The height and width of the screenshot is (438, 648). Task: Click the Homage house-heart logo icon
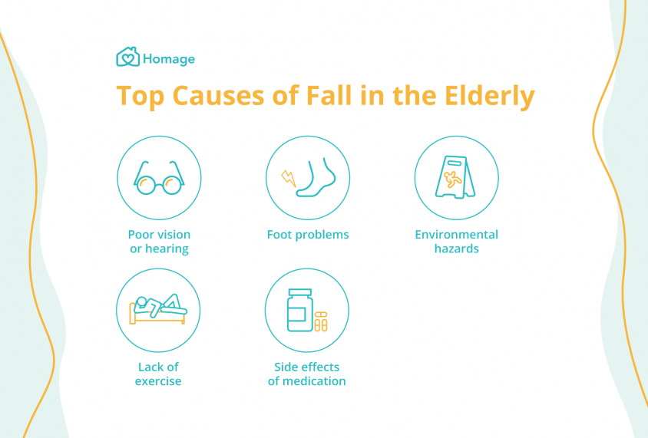click(127, 57)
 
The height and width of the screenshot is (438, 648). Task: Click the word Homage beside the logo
click(169, 59)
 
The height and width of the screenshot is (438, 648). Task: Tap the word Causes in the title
click(218, 95)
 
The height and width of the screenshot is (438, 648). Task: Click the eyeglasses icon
click(159, 178)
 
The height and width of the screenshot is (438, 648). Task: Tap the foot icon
click(316, 176)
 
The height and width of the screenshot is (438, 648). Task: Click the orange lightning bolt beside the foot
click(289, 178)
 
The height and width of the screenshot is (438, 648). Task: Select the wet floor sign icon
click(455, 177)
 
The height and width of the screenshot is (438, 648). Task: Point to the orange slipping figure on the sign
click(452, 179)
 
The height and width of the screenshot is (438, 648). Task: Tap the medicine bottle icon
click(300, 310)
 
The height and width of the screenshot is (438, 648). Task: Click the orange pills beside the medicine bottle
click(321, 321)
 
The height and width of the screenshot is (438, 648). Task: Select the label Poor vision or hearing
click(159, 242)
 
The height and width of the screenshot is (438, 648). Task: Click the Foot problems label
click(308, 235)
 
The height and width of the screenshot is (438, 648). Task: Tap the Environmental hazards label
click(457, 242)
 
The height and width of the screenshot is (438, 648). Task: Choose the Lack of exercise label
click(158, 374)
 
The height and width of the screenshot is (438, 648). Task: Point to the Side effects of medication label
click(306, 374)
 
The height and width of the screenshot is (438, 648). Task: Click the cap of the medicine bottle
click(300, 292)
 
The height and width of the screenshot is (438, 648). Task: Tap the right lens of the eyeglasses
click(172, 185)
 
